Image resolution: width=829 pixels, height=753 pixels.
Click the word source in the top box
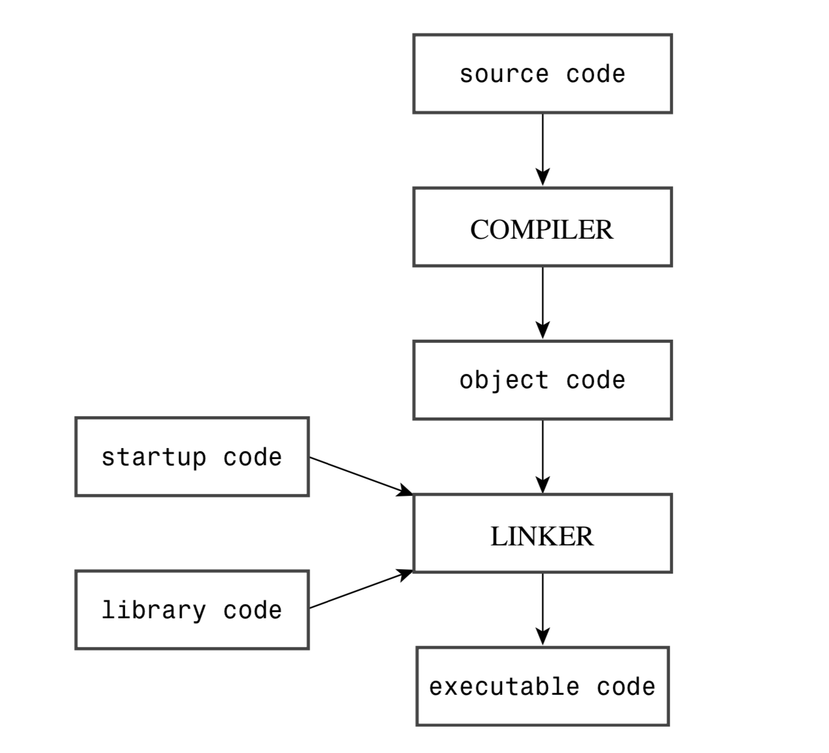tap(504, 74)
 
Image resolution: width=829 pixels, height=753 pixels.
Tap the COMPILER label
tap(542, 230)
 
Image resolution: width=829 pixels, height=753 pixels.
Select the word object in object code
tap(504, 380)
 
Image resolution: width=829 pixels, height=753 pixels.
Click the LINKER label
tap(542, 536)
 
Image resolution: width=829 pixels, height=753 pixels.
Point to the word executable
tap(504, 687)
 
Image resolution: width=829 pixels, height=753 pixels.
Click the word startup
tap(154, 457)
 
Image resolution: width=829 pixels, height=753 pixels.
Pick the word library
tap(154, 610)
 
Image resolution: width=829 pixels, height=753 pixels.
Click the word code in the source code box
tap(595, 74)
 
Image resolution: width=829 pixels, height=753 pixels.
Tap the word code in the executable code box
tap(626, 687)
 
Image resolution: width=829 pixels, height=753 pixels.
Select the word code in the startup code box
tap(252, 457)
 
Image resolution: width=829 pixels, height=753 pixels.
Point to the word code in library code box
tap(252, 610)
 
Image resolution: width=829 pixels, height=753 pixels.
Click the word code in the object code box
tap(595, 380)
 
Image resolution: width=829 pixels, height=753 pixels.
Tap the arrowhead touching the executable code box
tap(542, 637)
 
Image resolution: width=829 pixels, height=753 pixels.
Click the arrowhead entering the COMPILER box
tap(542, 178)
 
